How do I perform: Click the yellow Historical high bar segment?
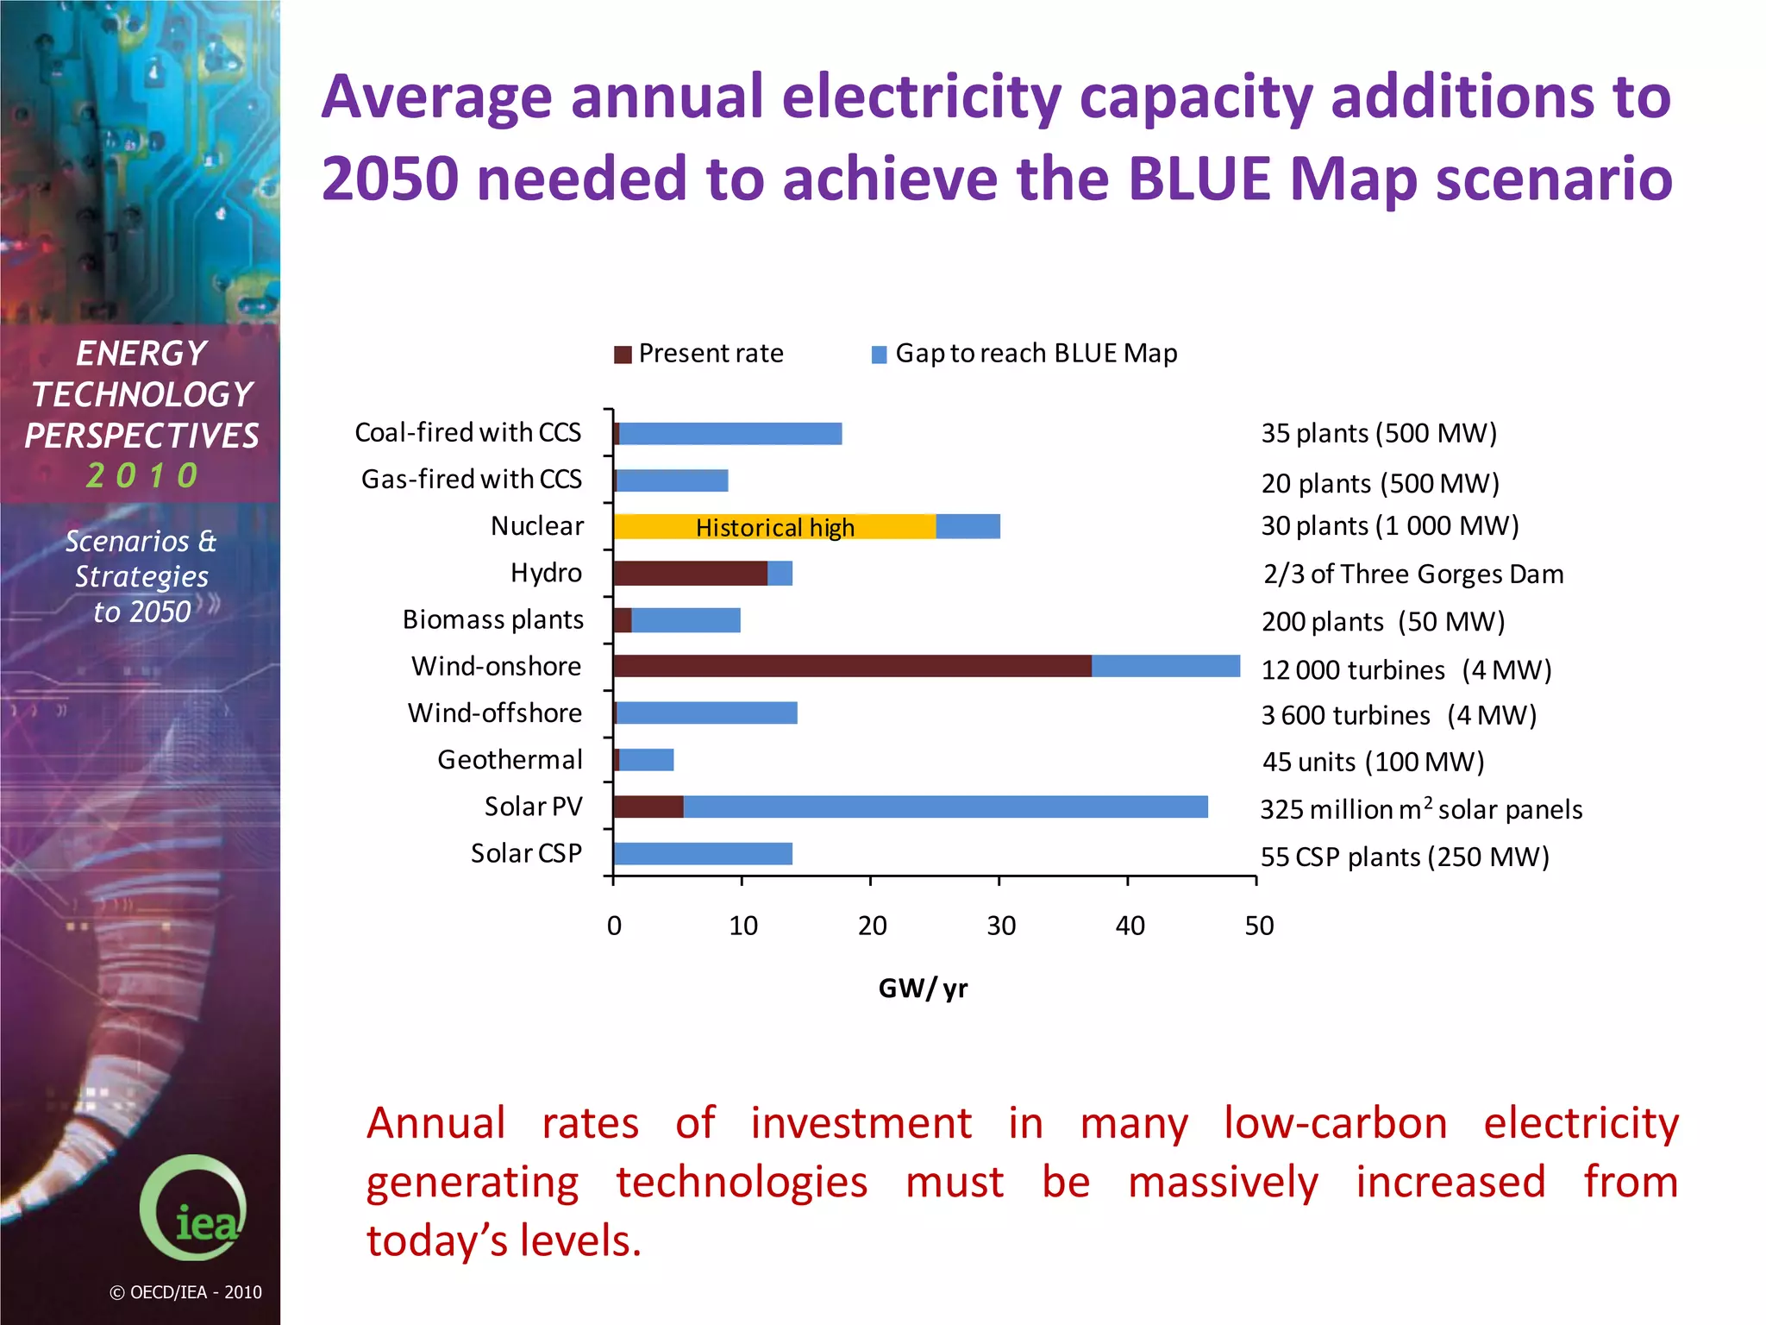click(x=774, y=526)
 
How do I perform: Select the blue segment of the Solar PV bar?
click(x=945, y=807)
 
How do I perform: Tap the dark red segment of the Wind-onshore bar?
click(x=852, y=666)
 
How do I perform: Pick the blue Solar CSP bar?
click(x=703, y=854)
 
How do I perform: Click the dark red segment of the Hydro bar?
click(x=690, y=573)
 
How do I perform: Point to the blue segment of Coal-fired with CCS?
click(x=730, y=433)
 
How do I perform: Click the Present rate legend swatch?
click(x=623, y=355)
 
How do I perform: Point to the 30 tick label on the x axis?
click(x=1001, y=926)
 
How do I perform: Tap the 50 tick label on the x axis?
click(x=1259, y=926)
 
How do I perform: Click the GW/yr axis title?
click(x=923, y=988)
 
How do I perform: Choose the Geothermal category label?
click(x=510, y=760)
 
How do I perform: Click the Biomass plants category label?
click(x=492, y=619)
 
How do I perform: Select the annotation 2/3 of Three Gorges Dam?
click(x=1413, y=574)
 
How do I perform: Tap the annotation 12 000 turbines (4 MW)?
click(x=1406, y=669)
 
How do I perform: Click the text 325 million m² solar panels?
click(x=1421, y=809)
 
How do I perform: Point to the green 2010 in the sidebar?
click(x=141, y=475)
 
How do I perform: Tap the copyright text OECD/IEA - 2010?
click(x=186, y=1292)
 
